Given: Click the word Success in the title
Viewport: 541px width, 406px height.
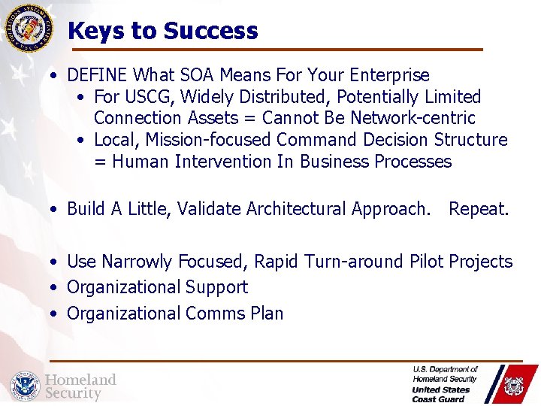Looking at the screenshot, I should coord(210,31).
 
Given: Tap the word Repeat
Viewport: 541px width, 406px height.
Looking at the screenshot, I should coord(479,209).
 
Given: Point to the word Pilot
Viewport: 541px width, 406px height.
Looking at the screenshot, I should coord(427,262).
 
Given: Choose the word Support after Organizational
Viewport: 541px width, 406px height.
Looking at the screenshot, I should coord(218,287).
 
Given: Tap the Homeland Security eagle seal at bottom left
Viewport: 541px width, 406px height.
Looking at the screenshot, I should coord(24,386).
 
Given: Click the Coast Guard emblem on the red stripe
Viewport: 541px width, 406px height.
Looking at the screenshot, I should coord(514,386).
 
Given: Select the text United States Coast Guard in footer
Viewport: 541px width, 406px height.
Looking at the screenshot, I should coord(441,394).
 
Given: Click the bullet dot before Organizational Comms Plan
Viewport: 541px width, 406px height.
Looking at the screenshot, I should coord(56,314).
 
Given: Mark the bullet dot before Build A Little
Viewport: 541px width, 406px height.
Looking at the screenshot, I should coord(56,209).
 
